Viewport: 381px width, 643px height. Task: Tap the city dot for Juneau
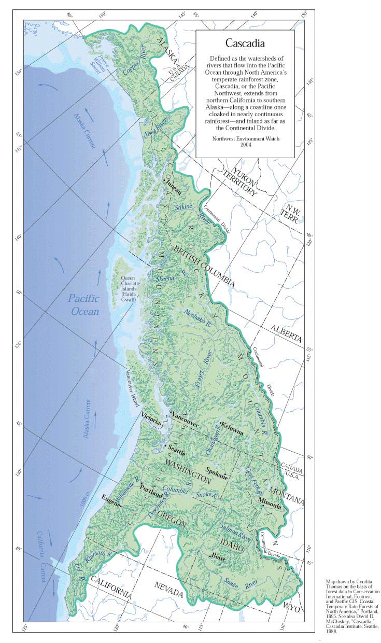tap(164, 180)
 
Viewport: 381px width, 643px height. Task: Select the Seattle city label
tap(176, 452)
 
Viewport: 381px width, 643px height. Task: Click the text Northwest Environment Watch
tap(245, 139)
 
